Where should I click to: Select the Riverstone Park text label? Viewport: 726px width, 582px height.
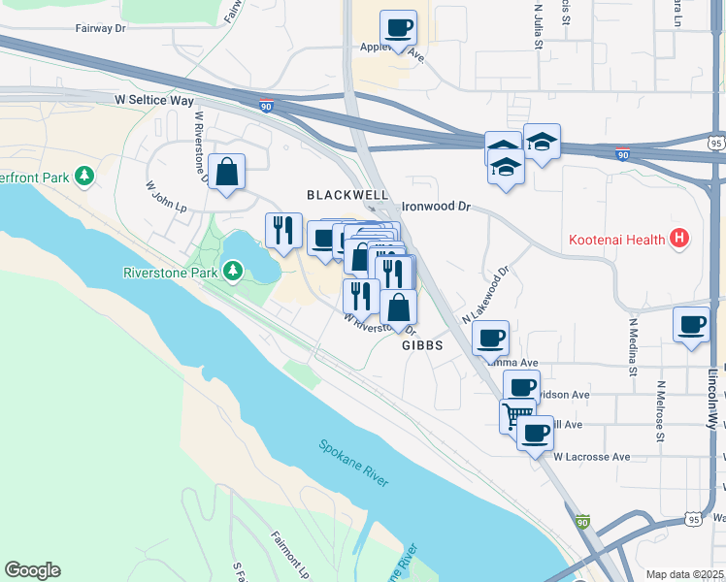click(x=170, y=272)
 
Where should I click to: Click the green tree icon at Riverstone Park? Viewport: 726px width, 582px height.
click(x=233, y=271)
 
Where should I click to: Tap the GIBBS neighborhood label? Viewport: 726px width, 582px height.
click(x=422, y=344)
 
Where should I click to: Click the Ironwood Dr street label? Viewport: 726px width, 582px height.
click(x=436, y=207)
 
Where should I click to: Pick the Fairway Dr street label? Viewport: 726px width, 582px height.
click(x=101, y=29)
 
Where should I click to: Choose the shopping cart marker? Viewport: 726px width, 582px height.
click(x=515, y=416)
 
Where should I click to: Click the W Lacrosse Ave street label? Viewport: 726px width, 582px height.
click(x=591, y=456)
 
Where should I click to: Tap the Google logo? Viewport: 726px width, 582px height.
click(x=32, y=570)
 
